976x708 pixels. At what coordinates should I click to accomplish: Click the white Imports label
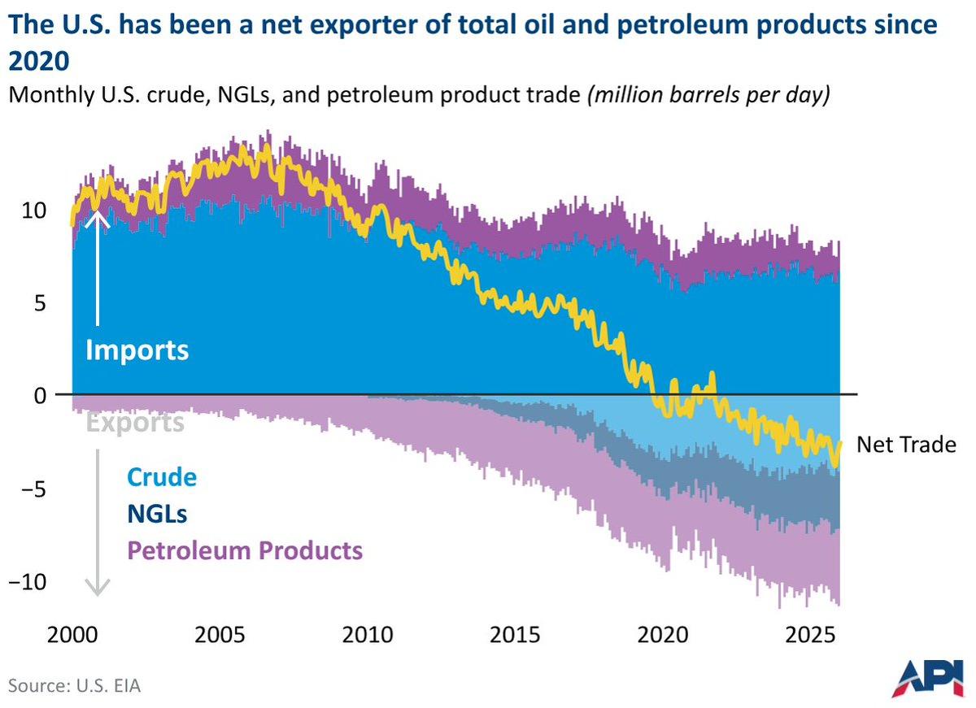click(x=137, y=350)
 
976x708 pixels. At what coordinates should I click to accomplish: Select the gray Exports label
click(x=134, y=423)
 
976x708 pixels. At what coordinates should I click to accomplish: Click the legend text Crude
click(x=161, y=476)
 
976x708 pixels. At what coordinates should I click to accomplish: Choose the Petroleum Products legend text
click(x=244, y=550)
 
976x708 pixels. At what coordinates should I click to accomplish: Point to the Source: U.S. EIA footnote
click(x=75, y=685)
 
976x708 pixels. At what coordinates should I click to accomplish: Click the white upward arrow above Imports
click(x=98, y=268)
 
